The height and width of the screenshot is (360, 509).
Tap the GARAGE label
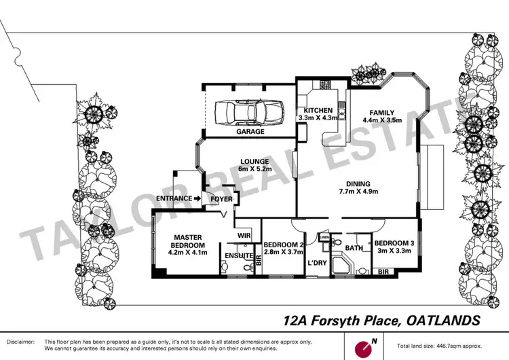click(x=250, y=132)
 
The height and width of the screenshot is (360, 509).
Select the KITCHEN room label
click(x=318, y=110)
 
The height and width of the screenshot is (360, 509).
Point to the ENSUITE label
click(x=238, y=257)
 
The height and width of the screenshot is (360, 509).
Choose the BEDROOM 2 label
click(x=283, y=245)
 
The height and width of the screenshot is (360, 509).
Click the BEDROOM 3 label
click(x=395, y=243)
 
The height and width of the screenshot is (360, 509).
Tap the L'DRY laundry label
click(x=316, y=262)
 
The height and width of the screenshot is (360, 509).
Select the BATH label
click(x=353, y=249)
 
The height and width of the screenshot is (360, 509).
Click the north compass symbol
click(x=365, y=345)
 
